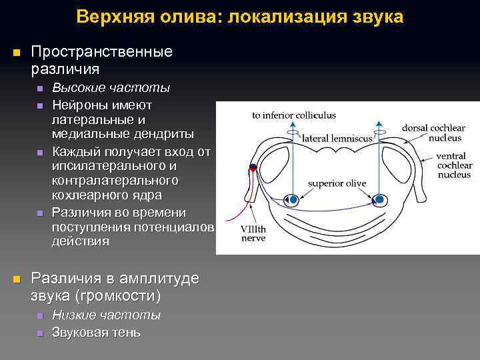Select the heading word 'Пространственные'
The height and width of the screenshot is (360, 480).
[x=102, y=52]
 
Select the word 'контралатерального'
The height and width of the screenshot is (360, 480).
[x=115, y=181]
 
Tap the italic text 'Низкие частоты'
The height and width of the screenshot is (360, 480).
[x=106, y=315]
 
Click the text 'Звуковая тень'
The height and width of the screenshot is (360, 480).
[x=96, y=332]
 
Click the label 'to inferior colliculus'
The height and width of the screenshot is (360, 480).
[x=293, y=115]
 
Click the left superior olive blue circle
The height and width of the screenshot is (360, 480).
[x=291, y=199]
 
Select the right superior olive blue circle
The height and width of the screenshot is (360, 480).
[x=379, y=199]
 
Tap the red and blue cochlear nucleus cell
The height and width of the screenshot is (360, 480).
[x=254, y=168]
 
